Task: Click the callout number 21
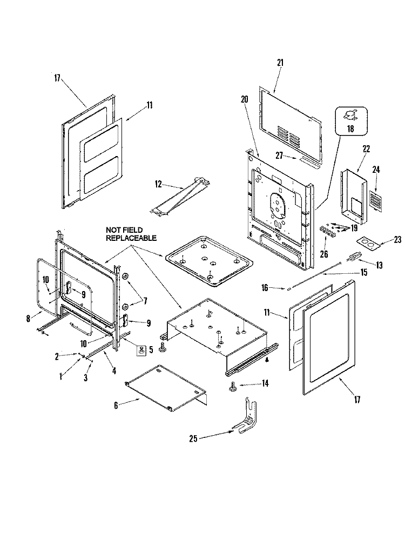tap(280, 63)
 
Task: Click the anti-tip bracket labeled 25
tap(246, 419)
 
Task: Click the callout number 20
tap(244, 99)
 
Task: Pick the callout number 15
tap(364, 273)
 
